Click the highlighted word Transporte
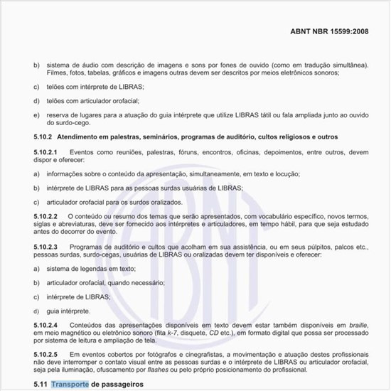70,385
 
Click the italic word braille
358,324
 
